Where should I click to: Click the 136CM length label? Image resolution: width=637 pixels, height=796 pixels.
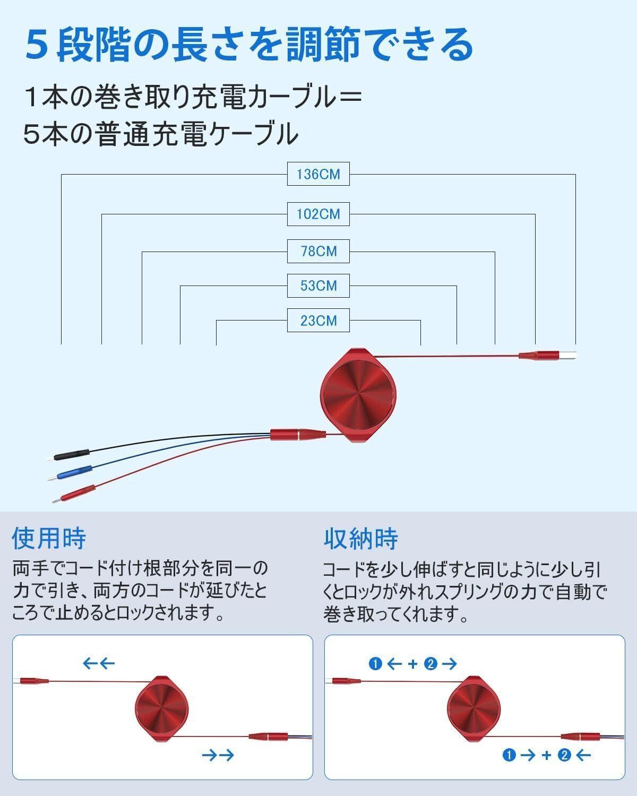tap(318, 174)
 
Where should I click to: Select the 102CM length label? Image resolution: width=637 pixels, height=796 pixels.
tap(318, 214)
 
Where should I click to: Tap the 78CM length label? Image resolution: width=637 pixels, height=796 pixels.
tap(318, 251)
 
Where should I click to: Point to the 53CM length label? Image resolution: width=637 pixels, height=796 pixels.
tap(318, 285)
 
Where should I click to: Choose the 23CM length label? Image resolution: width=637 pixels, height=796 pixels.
tap(318, 321)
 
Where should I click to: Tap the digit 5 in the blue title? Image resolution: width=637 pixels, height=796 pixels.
tap(37, 45)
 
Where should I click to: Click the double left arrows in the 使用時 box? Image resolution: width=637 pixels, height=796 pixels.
tap(99, 663)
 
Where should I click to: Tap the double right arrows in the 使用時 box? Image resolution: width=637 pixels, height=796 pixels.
tap(218, 755)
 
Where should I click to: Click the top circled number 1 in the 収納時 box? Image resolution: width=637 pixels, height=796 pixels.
tap(376, 663)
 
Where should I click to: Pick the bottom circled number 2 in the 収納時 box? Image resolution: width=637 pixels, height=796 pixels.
tap(564, 755)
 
